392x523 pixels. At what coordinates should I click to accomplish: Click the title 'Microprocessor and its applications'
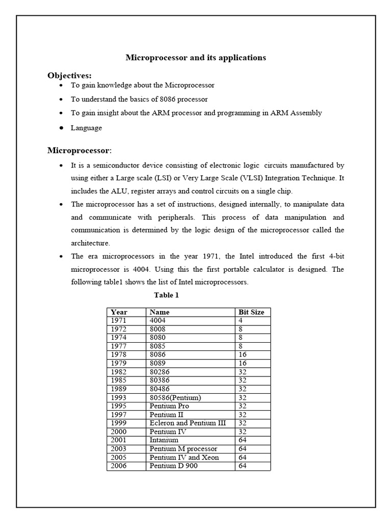tap(196, 58)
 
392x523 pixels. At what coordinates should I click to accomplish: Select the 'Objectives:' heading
tap(69, 76)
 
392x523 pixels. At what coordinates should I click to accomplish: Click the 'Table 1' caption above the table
tap(166, 295)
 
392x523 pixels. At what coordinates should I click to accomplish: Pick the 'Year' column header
tap(119, 312)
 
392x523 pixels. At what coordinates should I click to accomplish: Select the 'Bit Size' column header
tap(251, 312)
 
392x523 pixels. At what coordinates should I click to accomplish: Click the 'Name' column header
tap(160, 312)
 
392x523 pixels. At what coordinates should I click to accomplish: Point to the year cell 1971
tap(118, 320)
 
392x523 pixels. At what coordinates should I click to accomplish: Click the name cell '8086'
tap(158, 354)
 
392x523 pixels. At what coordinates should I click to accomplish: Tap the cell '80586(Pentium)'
tap(175, 397)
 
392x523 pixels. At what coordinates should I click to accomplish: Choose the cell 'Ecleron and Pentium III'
tap(187, 423)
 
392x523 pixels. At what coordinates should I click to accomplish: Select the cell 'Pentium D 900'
tap(173, 466)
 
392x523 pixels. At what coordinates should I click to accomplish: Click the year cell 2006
tap(118, 466)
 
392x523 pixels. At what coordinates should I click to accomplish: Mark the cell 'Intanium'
tap(164, 440)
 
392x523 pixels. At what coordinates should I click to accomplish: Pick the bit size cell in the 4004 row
tap(240, 320)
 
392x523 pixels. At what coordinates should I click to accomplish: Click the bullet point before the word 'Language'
tap(61, 128)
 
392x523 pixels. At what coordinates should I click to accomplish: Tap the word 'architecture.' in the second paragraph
tap(90, 243)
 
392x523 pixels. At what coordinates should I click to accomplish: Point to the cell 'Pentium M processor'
tap(183, 449)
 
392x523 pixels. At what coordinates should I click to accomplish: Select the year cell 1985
tap(118, 381)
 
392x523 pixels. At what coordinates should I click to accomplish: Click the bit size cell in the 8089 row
tap(242, 363)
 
